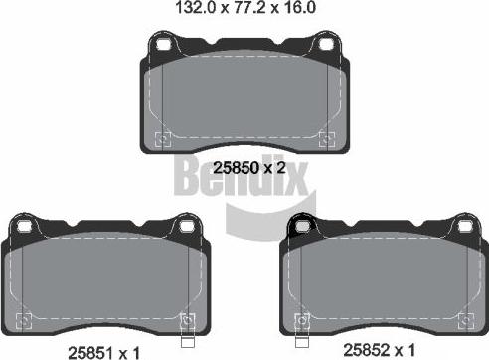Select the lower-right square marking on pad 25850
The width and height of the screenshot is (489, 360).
[322, 138]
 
